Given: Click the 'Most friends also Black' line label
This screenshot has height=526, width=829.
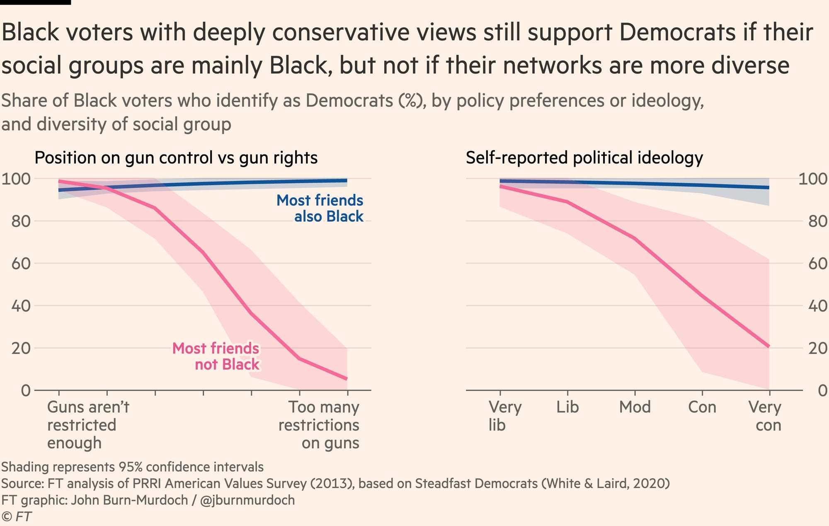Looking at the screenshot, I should [320, 208].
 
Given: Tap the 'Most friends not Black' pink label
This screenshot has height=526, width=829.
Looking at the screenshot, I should [216, 356].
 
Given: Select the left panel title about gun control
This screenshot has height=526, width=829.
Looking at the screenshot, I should [176, 158].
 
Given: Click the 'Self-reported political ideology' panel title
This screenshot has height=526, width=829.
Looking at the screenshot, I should [584, 158].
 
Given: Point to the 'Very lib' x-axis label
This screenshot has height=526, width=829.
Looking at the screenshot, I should [505, 416].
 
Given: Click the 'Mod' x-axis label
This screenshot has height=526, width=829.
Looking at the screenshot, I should [635, 407].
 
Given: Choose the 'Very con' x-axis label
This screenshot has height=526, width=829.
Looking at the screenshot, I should [765, 416].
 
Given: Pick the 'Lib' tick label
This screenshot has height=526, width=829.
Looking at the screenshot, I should [567, 407].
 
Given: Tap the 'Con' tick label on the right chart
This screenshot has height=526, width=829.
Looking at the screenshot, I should [702, 407].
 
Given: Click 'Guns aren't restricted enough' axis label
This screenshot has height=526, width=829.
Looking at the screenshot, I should [88, 425].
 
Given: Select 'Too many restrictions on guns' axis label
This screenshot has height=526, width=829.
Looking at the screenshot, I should [319, 425].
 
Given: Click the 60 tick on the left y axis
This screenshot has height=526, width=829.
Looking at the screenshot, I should [21, 263].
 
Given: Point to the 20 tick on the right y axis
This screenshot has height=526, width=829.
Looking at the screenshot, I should [818, 348].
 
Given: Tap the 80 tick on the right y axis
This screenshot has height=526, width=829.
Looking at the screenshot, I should [818, 221].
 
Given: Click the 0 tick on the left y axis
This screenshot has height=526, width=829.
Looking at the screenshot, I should [26, 390].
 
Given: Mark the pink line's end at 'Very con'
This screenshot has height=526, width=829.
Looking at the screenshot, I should [769, 346].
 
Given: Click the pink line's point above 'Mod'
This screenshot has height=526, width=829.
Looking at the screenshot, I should [635, 238].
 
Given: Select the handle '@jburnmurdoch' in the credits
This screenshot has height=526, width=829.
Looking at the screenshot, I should [247, 500].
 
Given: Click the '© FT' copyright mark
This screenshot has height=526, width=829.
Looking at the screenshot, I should [17, 516].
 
